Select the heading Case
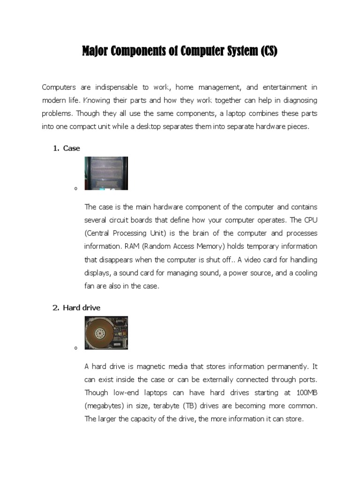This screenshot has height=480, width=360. point(71,148)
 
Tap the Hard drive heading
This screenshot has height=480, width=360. point(82,307)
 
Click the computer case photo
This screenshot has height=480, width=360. point(106,173)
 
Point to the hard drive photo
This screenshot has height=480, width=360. point(106,332)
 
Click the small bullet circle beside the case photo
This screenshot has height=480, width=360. point(75,189)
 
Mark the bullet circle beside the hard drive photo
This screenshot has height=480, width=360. point(75,348)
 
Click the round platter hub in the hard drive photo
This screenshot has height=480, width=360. point(100,332)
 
